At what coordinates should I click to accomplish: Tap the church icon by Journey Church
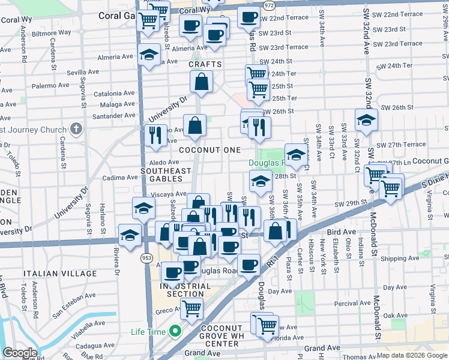click(76, 129)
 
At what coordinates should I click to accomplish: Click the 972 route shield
click(269, 5)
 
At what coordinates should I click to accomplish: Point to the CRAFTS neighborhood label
click(205, 64)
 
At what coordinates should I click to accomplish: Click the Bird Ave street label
click(341, 231)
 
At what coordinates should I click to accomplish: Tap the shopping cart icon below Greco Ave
click(192, 309)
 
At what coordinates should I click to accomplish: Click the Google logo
click(20, 353)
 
